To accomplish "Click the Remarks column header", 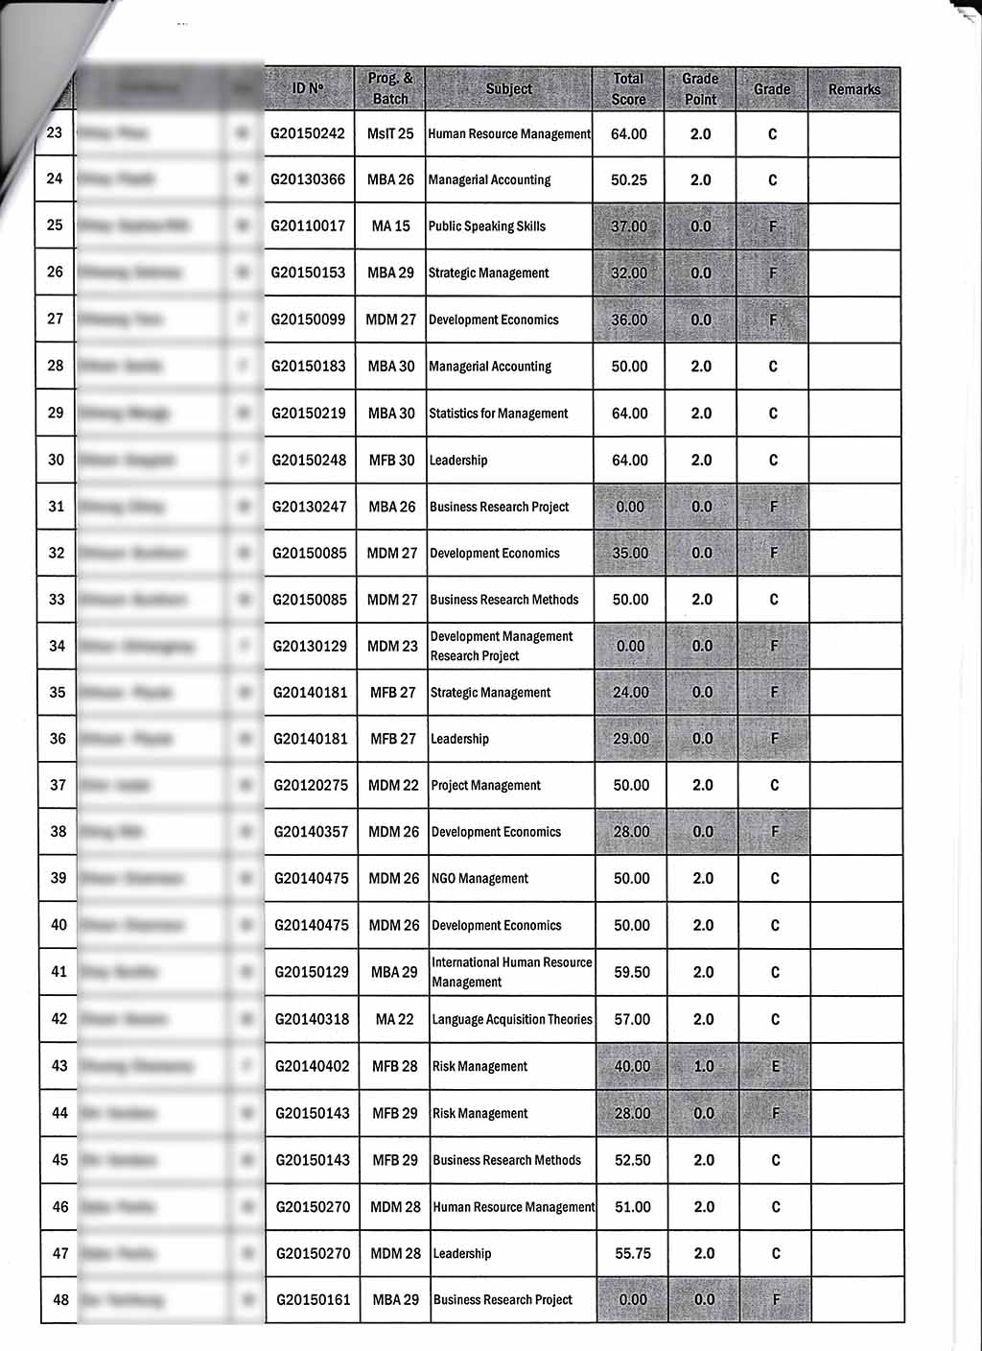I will pyautogui.click(x=853, y=89).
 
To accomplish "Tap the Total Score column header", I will pyautogui.click(x=628, y=89).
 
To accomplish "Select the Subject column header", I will pyautogui.click(x=508, y=89).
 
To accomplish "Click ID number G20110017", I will pyautogui.click(x=308, y=226).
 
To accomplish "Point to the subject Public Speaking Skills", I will pyautogui.click(x=487, y=226).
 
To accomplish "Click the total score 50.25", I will pyautogui.click(x=629, y=180).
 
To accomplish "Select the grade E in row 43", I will pyautogui.click(x=775, y=1066).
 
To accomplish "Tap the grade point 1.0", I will pyautogui.click(x=704, y=1066).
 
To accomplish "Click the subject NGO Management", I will pyautogui.click(x=480, y=879).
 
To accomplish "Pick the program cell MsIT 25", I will pyautogui.click(x=390, y=134).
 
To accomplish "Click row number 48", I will pyautogui.click(x=60, y=1300).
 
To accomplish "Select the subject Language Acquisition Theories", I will pyautogui.click(x=512, y=1019).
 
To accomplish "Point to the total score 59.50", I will pyautogui.click(x=632, y=972).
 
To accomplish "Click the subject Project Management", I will pyautogui.click(x=486, y=785).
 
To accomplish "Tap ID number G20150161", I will pyautogui.click(x=313, y=1300).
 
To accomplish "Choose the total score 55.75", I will pyautogui.click(x=633, y=1253).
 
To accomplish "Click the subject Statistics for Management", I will pyautogui.click(x=499, y=414).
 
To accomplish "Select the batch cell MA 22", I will pyautogui.click(x=394, y=1019).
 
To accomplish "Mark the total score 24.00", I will pyautogui.click(x=631, y=692).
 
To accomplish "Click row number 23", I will pyautogui.click(x=55, y=133).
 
